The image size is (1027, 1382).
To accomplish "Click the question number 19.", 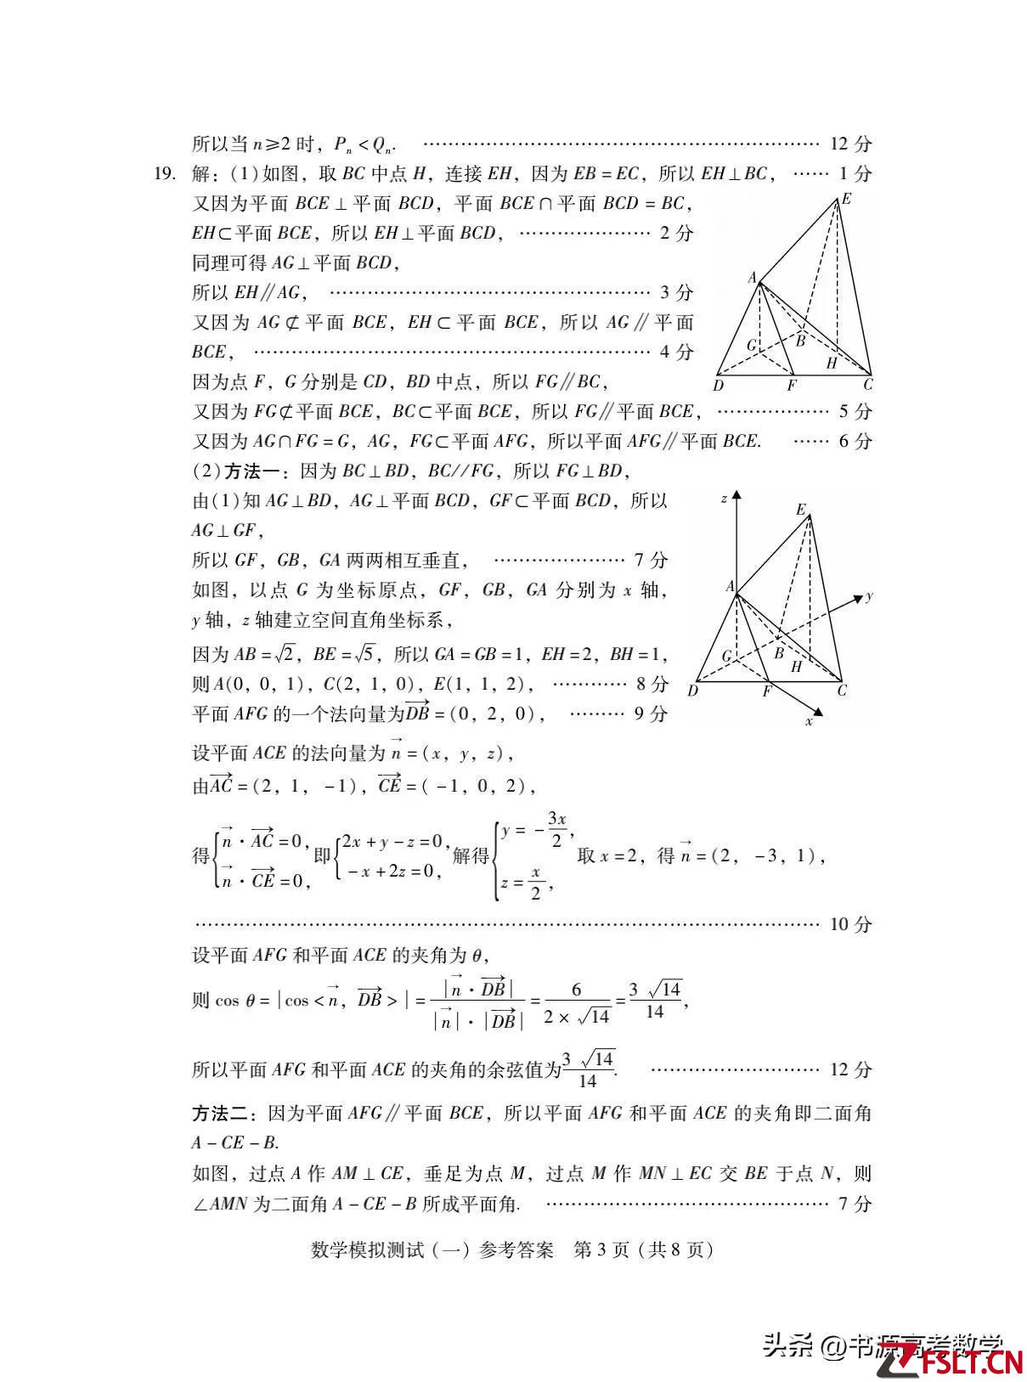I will [x=164, y=174].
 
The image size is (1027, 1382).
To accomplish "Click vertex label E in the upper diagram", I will [x=846, y=200].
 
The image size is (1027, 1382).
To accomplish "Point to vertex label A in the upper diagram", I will [x=752, y=278].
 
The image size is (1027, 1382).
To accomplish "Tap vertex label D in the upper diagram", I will [x=719, y=386].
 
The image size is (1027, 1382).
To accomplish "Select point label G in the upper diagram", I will [x=751, y=346].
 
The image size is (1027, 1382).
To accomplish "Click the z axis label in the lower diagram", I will [x=724, y=499].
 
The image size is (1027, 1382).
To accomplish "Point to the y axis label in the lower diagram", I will [x=870, y=596].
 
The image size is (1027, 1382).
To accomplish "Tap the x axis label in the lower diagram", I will [x=809, y=721].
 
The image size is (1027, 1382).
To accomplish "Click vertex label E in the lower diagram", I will [x=800, y=510].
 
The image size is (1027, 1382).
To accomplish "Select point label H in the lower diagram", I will [x=796, y=667].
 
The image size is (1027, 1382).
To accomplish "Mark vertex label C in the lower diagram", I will [x=842, y=691].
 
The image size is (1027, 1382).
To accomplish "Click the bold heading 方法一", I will [x=248, y=471].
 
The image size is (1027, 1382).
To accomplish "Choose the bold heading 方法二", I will [x=218, y=1113].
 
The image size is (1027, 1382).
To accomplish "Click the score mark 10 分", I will [x=850, y=924].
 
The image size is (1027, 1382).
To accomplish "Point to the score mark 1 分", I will [x=855, y=174].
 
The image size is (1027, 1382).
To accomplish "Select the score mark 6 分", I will [x=855, y=442].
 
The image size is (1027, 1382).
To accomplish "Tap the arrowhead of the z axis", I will [x=736, y=494].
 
